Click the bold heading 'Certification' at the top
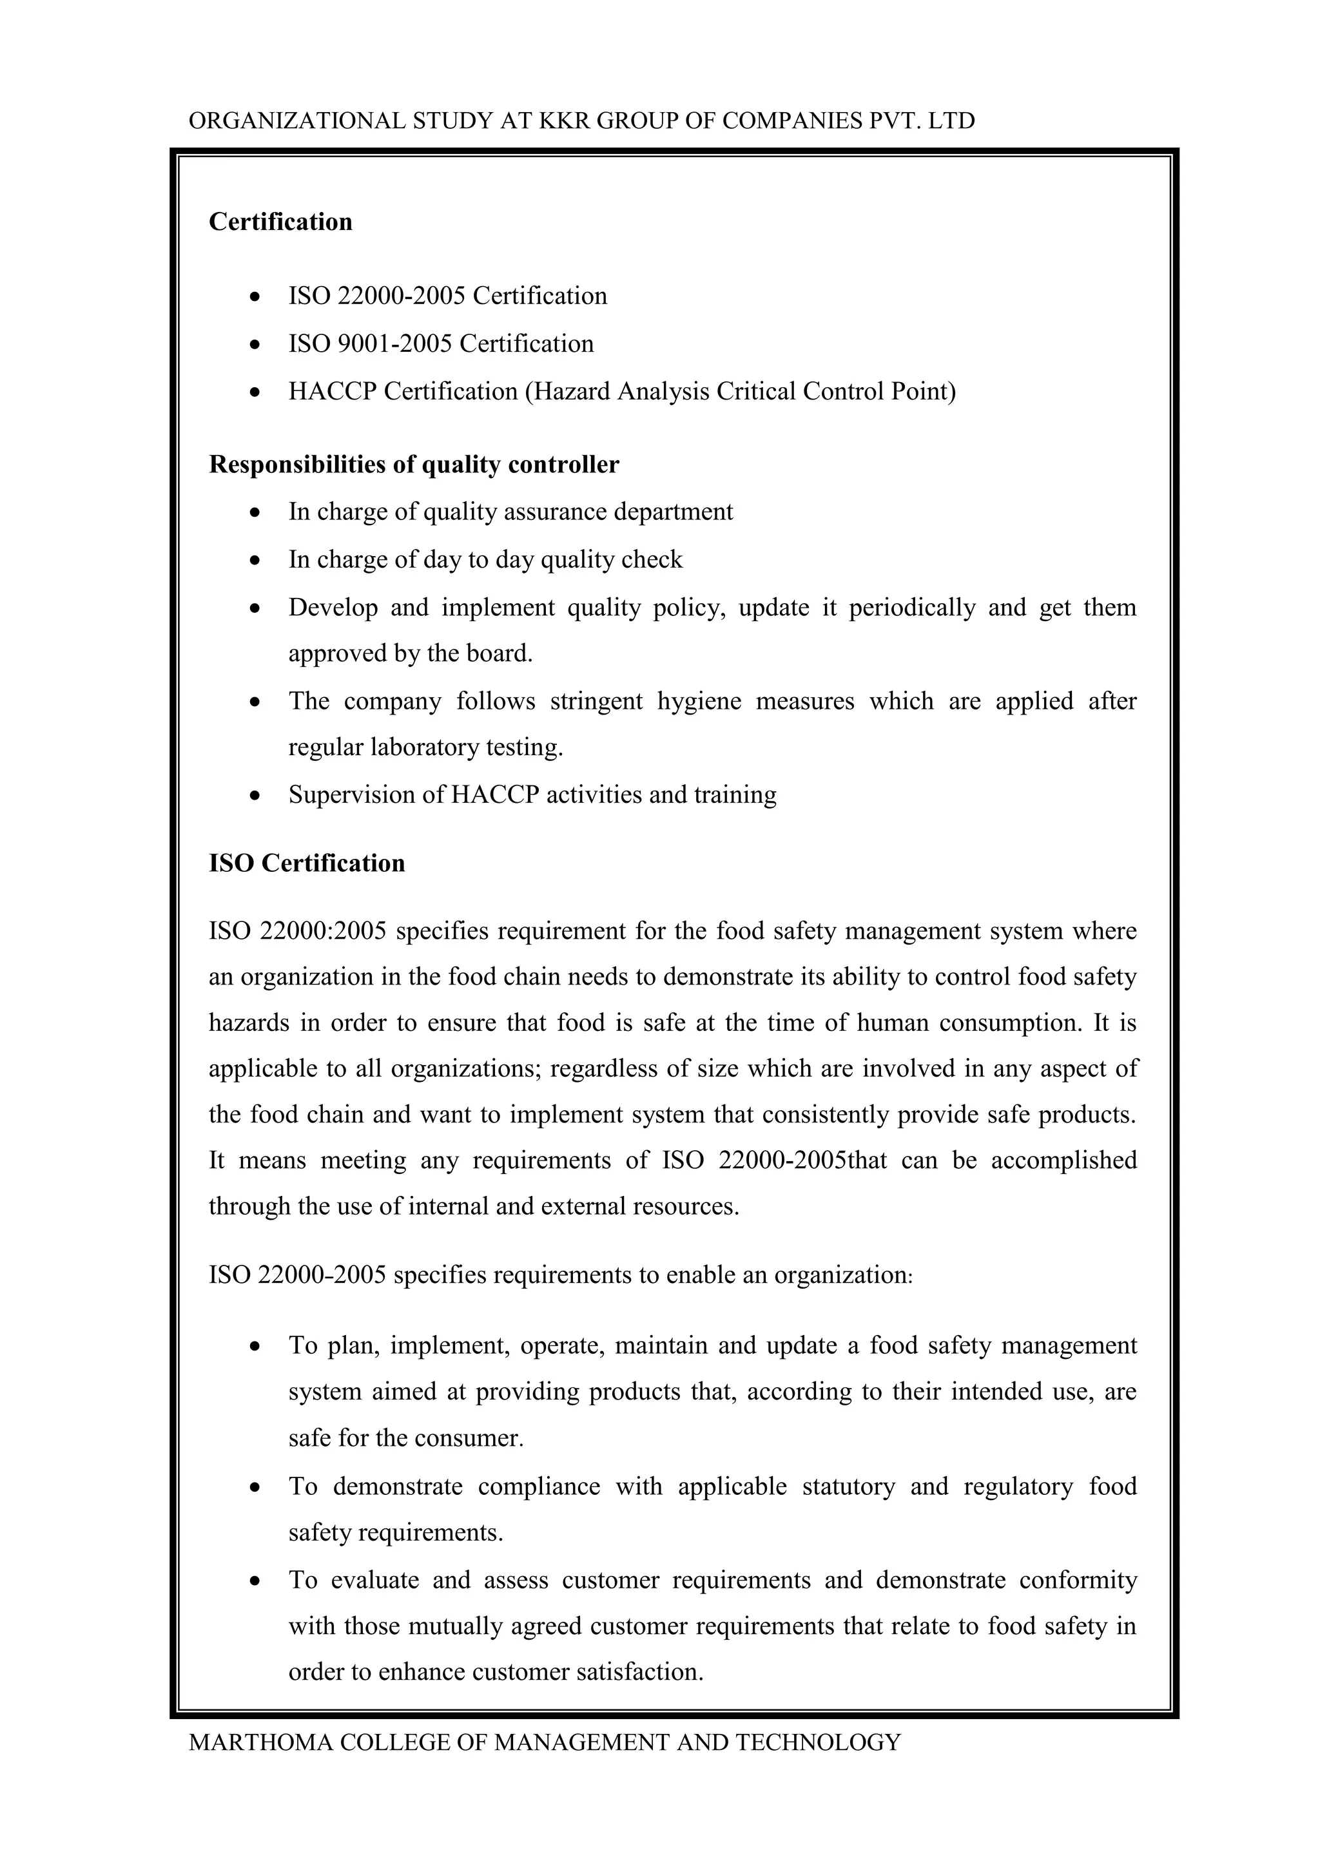(280, 222)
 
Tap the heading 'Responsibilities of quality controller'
(414, 464)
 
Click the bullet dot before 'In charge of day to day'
(255, 561)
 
